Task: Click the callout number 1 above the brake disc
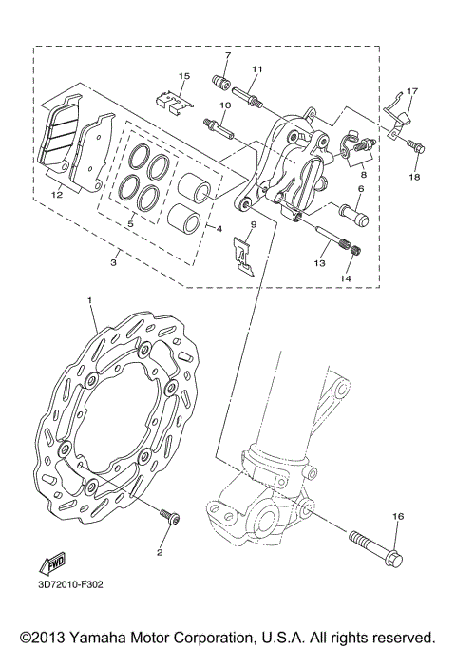(x=90, y=302)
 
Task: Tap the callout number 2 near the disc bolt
(x=161, y=552)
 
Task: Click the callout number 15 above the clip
(x=184, y=75)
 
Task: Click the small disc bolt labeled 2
(x=170, y=519)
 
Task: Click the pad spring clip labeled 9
(x=245, y=256)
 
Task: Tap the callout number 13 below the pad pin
(x=319, y=263)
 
